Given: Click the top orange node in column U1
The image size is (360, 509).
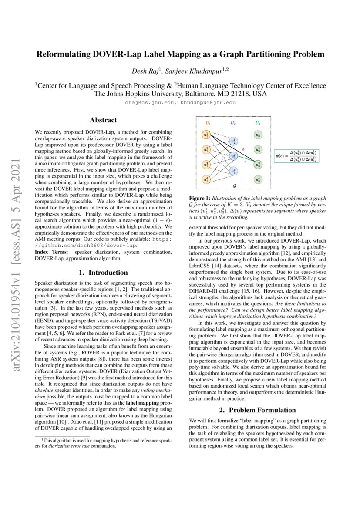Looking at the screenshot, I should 206,135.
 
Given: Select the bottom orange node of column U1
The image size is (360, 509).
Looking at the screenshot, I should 206,179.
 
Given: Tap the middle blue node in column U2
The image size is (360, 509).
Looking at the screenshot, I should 233,155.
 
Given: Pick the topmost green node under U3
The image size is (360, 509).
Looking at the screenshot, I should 258,135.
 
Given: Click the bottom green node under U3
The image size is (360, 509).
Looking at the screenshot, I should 258,179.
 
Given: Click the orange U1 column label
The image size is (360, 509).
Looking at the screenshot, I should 207,123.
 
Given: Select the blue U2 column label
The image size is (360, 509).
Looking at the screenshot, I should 233,123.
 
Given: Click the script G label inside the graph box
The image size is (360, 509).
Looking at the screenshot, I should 235,185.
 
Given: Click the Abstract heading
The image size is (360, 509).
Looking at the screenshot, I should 103,120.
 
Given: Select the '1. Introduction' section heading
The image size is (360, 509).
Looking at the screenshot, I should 103,273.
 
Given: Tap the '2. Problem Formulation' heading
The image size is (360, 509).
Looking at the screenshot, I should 257,410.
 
